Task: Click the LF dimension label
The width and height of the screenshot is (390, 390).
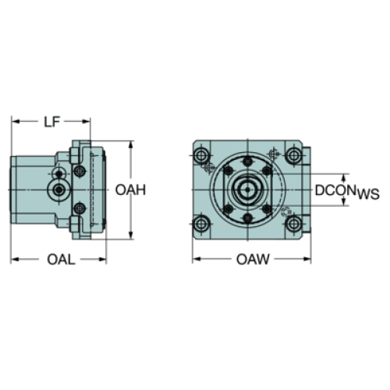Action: (52, 122)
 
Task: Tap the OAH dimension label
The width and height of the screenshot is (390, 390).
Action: (130, 190)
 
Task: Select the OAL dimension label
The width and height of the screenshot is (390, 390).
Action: (61, 259)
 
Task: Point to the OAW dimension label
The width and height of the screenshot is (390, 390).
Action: (253, 259)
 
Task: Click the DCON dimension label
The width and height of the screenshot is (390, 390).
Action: (335, 190)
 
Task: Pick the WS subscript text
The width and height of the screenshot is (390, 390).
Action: (368, 193)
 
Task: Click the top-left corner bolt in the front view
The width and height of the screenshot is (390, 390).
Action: (200, 156)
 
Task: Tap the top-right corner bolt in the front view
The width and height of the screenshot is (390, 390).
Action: (293, 156)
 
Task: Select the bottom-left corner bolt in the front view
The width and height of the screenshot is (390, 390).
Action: (200, 224)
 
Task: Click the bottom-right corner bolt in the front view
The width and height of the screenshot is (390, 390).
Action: (293, 224)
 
